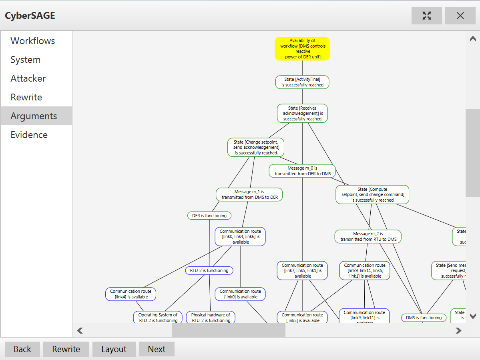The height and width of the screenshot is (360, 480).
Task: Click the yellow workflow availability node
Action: point(302,49)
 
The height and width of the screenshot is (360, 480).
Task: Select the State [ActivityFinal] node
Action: point(302,82)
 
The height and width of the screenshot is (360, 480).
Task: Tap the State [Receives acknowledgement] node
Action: point(302,113)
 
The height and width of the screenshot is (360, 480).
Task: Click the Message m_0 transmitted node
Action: point(302,171)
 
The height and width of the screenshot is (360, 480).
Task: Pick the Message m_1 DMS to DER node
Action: point(249,194)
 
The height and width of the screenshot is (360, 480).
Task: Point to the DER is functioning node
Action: point(209,216)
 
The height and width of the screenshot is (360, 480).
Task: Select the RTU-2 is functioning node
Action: point(209,270)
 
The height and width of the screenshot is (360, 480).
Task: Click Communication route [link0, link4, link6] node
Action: point(240,236)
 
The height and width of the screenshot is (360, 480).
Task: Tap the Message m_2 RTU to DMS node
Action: point(368,236)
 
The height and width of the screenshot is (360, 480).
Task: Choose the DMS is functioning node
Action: point(424,318)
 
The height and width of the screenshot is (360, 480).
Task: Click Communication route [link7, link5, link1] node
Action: point(302,270)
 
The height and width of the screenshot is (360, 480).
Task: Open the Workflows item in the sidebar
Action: point(33,41)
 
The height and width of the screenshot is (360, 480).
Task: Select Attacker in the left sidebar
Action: point(28,78)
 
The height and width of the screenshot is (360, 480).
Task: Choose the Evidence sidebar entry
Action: point(29,135)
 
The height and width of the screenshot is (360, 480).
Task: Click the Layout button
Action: point(114,349)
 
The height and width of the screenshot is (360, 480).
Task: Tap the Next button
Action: point(157,349)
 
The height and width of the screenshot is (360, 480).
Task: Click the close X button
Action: point(460,16)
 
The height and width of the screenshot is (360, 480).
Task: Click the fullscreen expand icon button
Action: point(426,16)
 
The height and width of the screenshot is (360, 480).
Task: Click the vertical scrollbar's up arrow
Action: point(473,39)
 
